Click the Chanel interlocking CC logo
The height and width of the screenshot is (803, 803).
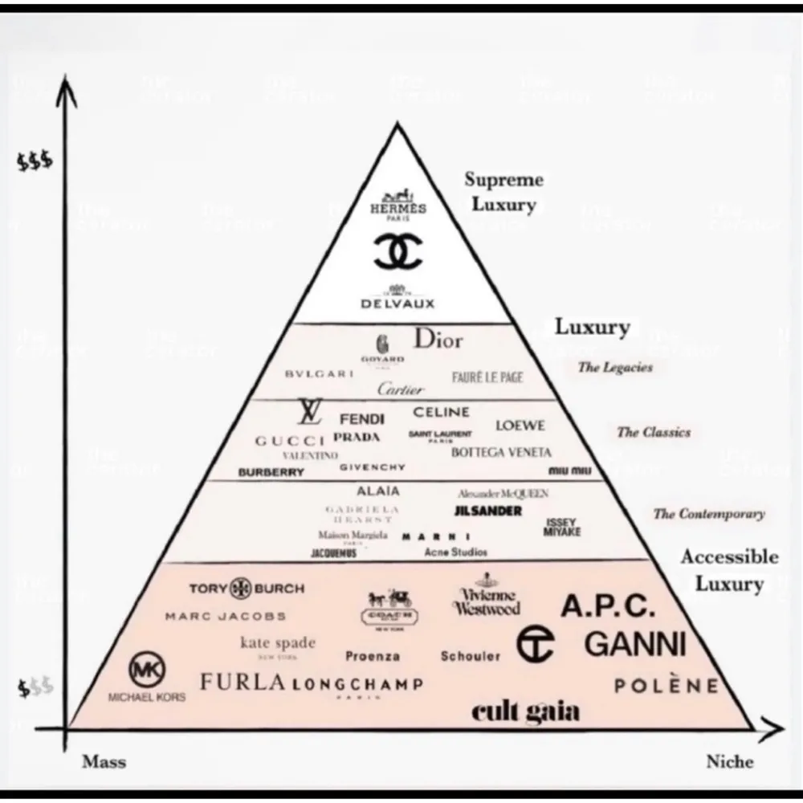[397, 251]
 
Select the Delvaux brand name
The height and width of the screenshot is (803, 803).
[397, 303]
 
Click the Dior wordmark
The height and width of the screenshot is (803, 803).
[438, 340]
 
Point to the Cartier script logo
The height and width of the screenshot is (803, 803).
[400, 389]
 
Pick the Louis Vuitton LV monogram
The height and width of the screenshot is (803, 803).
[309, 413]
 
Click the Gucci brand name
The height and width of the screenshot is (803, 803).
[290, 441]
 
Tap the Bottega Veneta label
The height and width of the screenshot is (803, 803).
[501, 452]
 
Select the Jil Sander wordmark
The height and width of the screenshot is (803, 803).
[488, 511]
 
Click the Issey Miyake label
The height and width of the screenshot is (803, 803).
[562, 527]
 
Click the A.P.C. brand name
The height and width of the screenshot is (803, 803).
[608, 607]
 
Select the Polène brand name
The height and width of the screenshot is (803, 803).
[666, 686]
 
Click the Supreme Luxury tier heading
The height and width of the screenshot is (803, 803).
[503, 192]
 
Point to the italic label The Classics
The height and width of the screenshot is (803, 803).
[653, 432]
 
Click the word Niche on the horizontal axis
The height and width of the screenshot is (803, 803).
[729, 761]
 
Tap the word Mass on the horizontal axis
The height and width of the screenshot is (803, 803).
[104, 761]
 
